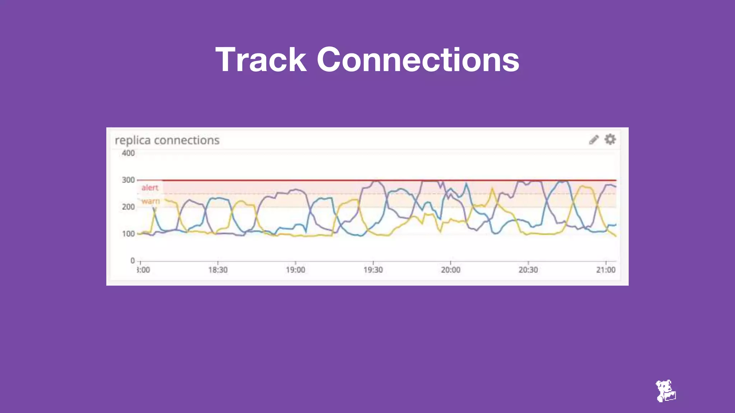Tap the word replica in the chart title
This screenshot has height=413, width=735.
(132, 140)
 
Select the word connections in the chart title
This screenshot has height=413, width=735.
(187, 140)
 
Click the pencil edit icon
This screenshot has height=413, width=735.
(594, 139)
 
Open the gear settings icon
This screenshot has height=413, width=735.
(610, 139)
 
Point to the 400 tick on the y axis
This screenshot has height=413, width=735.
(128, 153)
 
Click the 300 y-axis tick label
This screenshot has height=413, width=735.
(128, 180)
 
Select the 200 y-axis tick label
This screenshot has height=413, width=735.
(128, 207)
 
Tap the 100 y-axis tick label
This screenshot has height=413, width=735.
(128, 234)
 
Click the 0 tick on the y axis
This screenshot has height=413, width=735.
(132, 261)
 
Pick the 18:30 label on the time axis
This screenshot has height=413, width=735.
(218, 270)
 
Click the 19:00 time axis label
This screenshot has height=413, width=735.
(295, 270)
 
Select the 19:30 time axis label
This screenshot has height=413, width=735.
(373, 270)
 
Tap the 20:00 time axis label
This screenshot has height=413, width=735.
(450, 270)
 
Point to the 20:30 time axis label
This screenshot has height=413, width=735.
(528, 270)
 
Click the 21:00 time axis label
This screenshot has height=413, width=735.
(605, 270)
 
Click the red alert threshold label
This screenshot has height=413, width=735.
(150, 187)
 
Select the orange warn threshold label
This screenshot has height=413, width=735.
(150, 201)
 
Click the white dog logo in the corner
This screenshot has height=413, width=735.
(665, 391)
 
